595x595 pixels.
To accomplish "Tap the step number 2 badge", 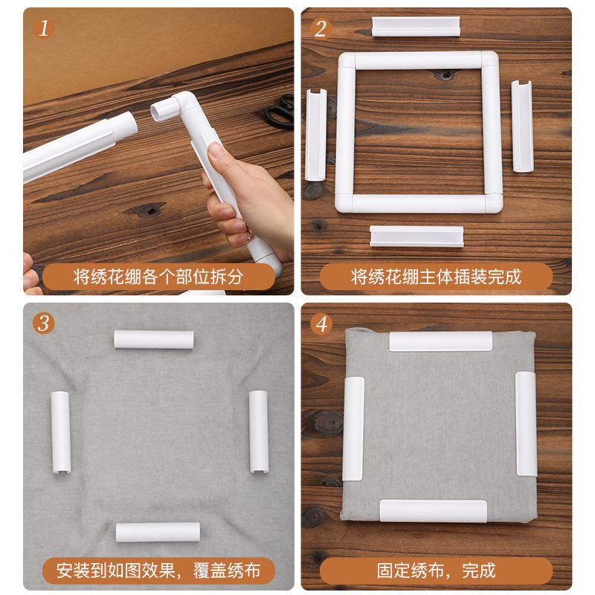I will pos(321,28).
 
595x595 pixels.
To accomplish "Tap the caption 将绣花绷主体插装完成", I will pos(436,277).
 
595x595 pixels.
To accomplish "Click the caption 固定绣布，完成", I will pos(436,571).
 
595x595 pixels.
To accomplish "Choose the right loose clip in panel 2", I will pos(522,126).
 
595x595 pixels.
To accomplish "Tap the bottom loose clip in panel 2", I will pos(416,236).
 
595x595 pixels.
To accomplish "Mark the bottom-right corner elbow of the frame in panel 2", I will pos(489,202).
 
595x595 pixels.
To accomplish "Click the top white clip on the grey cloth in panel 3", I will pos(154,339).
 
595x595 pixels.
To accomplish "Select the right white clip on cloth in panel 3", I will pos(258,431).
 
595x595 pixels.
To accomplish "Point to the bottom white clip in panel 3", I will pos(158,532).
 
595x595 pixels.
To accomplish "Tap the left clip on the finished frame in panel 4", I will pos(353,428).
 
